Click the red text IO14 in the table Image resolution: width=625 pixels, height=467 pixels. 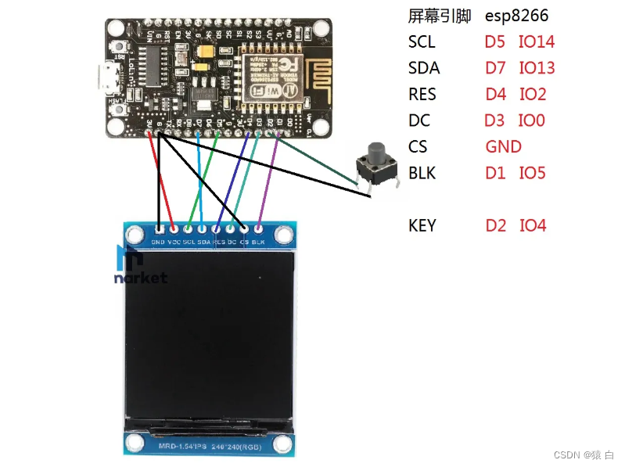(x=537, y=41)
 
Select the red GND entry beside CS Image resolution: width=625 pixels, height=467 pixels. (x=503, y=146)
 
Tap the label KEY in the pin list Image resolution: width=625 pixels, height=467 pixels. (x=422, y=226)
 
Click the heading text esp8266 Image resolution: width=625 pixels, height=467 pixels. (x=515, y=16)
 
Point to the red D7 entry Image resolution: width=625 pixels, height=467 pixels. (x=496, y=68)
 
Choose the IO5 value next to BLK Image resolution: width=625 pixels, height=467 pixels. (x=532, y=173)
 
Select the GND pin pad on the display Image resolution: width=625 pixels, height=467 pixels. (x=159, y=230)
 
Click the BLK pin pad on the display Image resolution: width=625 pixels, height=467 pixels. (x=260, y=230)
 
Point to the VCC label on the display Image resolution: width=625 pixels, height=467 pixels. (x=173, y=242)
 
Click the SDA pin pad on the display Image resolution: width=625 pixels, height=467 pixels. (x=202, y=230)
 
